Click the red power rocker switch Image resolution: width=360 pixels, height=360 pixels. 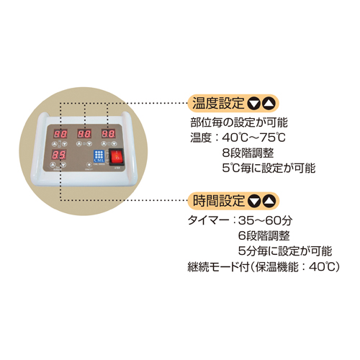(x=117, y=157)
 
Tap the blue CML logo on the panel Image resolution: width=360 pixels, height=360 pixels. (x=99, y=156)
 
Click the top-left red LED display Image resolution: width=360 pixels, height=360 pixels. (x=60, y=134)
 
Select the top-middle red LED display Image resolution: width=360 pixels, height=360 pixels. (x=84, y=134)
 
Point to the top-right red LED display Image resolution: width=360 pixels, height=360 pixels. (x=108, y=133)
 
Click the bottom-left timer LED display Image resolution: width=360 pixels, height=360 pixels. (x=59, y=155)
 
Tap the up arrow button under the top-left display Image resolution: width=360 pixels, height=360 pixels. (x=55, y=144)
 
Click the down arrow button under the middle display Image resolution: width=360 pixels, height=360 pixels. (x=89, y=144)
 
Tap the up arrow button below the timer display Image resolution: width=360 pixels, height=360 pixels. (x=53, y=165)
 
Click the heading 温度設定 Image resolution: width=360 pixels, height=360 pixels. (x=218, y=103)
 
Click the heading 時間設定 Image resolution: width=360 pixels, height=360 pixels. (x=218, y=201)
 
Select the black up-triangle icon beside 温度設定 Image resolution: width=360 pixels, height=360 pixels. (x=269, y=104)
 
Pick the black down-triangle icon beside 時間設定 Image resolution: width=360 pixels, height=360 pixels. (x=254, y=201)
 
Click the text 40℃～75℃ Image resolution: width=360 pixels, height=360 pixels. (x=254, y=138)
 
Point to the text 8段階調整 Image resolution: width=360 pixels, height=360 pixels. (x=248, y=153)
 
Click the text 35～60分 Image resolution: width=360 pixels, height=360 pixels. (x=266, y=220)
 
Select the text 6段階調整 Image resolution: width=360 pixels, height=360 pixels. (x=264, y=235)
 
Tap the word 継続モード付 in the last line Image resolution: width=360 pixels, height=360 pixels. (x=218, y=267)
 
